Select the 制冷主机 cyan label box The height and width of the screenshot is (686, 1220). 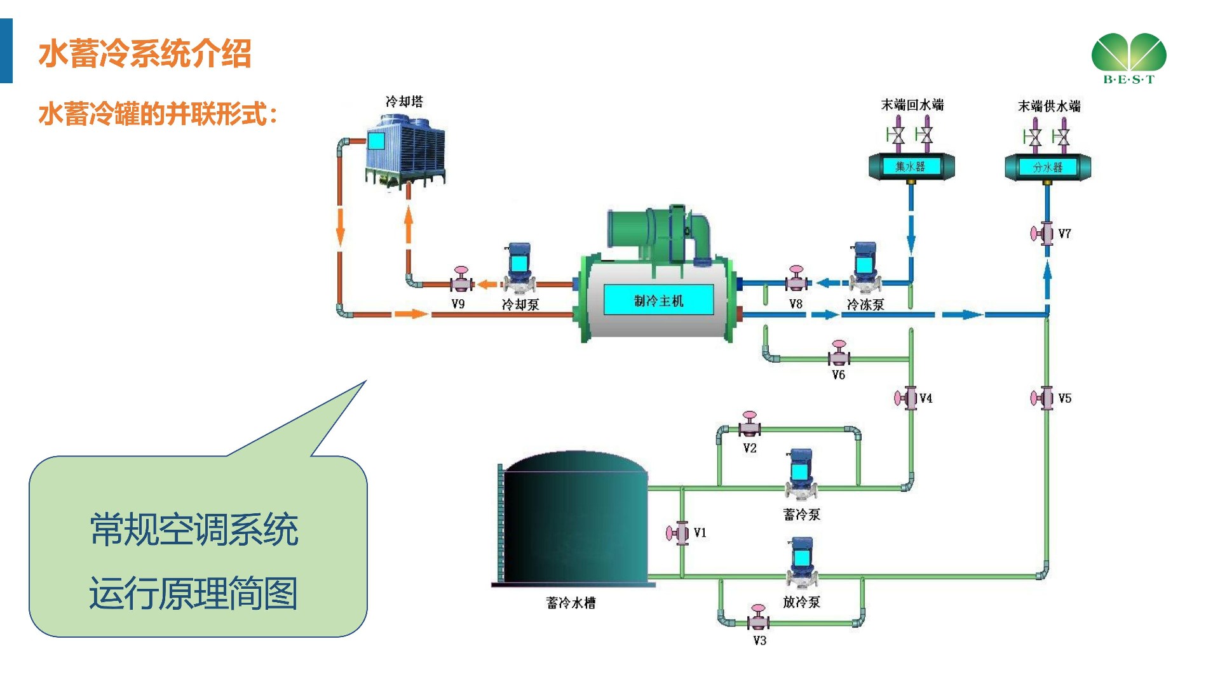[x=658, y=300]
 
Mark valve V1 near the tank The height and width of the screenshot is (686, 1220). [x=679, y=533]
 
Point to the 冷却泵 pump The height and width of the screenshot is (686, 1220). [x=519, y=267]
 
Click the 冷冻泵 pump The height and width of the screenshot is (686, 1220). [x=865, y=267]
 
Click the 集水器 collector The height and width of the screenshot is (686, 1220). [x=911, y=166]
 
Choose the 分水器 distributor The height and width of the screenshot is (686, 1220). [x=1047, y=167]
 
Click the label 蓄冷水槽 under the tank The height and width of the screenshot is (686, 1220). [x=571, y=603]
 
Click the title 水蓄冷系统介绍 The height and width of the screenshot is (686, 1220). [x=145, y=53]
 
